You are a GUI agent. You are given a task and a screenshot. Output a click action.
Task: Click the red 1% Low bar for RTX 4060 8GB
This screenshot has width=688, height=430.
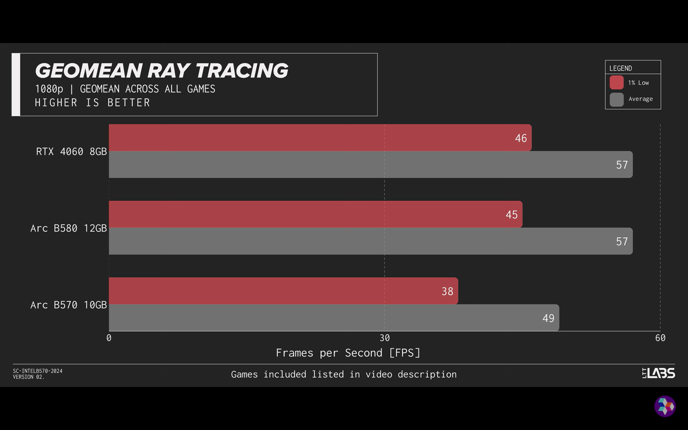[320, 138]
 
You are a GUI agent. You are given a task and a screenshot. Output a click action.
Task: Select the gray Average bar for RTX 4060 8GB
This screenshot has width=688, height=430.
[371, 164]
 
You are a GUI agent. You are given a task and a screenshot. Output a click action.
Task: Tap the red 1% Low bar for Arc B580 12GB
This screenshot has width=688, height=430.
[315, 214]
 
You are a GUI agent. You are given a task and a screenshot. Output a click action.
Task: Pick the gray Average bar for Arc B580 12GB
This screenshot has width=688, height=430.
[371, 241]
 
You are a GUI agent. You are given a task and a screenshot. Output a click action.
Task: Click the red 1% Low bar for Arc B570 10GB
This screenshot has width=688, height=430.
[283, 291]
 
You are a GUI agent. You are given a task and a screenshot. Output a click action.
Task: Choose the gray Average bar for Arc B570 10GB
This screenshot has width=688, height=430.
[334, 318]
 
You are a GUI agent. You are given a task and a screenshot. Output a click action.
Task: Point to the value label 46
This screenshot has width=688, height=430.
[521, 138]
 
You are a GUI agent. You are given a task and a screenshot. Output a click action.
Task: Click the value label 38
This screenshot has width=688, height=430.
[447, 291]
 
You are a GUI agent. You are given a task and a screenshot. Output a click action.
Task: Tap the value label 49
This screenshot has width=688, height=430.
[548, 318]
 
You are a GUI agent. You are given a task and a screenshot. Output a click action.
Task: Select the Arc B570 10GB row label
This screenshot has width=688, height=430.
[68, 305]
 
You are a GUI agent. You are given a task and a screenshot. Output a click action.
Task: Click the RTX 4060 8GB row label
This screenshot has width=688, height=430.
[71, 152]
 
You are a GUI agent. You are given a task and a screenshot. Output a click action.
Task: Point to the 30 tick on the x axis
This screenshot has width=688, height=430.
[384, 338]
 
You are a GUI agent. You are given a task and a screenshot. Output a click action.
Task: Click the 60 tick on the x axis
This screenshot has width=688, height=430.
[660, 338]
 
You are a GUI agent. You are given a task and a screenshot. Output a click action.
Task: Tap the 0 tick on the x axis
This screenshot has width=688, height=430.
[109, 338]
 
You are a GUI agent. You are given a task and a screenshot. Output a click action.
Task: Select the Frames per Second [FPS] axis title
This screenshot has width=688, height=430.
[348, 353]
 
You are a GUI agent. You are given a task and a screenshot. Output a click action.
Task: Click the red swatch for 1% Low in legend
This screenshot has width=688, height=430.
[617, 82]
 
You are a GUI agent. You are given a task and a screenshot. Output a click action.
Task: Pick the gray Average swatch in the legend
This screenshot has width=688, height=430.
[617, 99]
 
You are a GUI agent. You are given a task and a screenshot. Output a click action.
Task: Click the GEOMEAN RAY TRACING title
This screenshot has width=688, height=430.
[162, 71]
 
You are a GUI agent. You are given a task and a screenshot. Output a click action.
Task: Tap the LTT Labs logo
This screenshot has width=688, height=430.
[659, 373]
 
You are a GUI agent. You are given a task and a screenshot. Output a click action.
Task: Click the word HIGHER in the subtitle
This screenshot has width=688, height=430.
[56, 103]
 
